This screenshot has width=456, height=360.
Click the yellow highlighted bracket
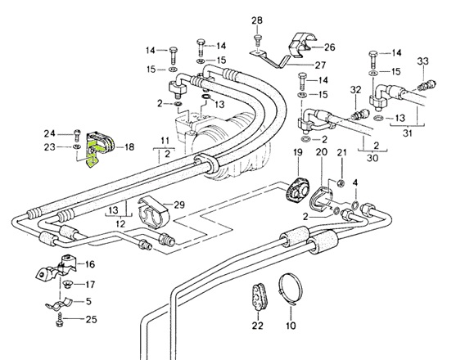[x=93, y=154]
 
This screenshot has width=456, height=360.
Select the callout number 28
[x=256, y=20]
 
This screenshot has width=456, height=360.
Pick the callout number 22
[x=258, y=326]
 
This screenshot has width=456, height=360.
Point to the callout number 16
[x=89, y=264]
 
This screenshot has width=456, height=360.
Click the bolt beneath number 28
[x=257, y=38]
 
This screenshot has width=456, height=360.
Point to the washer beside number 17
[x=69, y=285]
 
